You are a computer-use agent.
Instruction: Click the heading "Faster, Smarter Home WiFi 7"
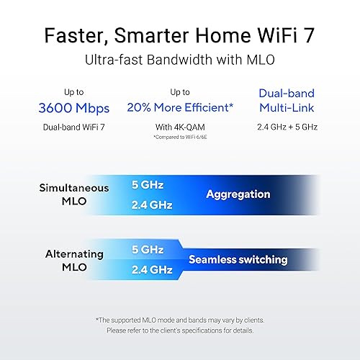point(180,35)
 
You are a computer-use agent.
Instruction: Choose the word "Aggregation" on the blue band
point(238,194)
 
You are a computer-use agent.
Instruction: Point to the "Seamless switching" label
point(238,259)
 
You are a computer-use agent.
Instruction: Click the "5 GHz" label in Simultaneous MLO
point(148,184)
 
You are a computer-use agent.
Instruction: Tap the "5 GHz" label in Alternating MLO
point(148,248)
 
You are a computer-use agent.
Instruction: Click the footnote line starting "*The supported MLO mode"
point(180,319)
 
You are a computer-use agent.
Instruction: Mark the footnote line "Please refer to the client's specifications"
point(180,330)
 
